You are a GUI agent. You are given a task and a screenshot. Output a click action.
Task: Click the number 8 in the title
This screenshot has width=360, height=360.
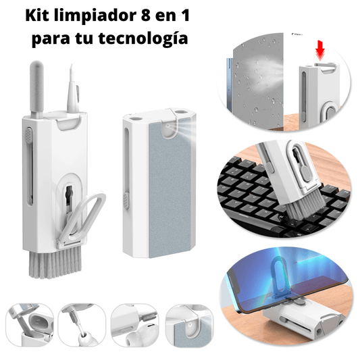tap(146, 16)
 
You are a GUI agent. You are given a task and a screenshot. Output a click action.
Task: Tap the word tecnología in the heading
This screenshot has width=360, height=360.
tap(143, 38)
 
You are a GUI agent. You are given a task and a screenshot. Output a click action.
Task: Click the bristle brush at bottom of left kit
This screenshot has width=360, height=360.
tap(55, 263)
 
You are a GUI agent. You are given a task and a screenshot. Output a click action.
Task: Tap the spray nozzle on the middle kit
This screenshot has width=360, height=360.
tap(169, 126)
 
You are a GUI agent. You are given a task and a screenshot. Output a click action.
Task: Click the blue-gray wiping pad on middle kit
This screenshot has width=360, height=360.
tap(170, 188)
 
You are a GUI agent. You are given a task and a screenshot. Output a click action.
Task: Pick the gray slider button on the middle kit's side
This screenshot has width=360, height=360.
tap(126, 201)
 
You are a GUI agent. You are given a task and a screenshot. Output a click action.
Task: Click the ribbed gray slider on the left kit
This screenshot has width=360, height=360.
tap(28, 135)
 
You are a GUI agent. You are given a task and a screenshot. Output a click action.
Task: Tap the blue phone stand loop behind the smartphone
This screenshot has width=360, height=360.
tap(278, 277)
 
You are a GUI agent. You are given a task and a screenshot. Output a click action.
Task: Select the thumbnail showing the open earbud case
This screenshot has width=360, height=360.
tap(30, 326)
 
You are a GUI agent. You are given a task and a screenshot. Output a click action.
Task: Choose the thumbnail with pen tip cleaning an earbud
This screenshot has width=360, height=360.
tap(82, 326)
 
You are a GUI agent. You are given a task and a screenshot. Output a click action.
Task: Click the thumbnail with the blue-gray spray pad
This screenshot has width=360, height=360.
tap(190, 326)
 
